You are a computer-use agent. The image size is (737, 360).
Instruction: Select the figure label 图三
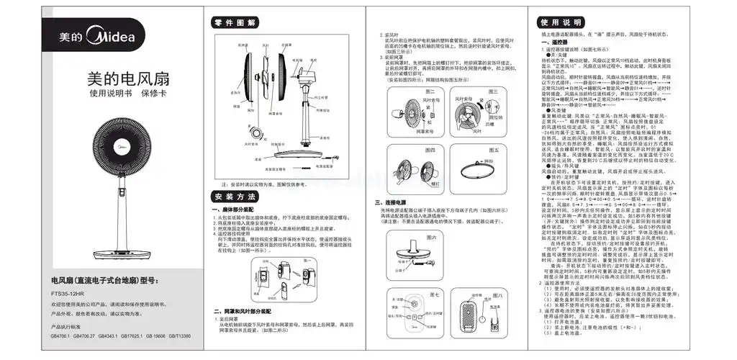pos(494,92)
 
